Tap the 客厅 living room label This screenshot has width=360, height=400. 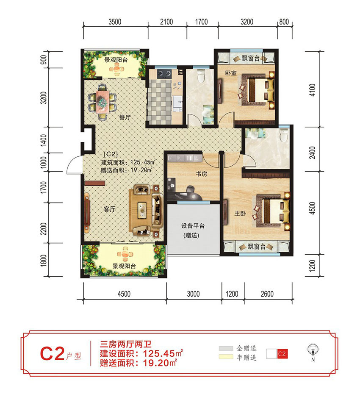110,208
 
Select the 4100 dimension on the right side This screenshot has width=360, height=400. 313,88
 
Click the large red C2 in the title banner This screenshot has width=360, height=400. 52,354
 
